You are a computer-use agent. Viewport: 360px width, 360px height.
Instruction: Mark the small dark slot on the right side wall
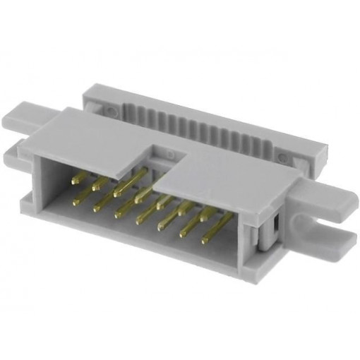(x=274, y=225)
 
